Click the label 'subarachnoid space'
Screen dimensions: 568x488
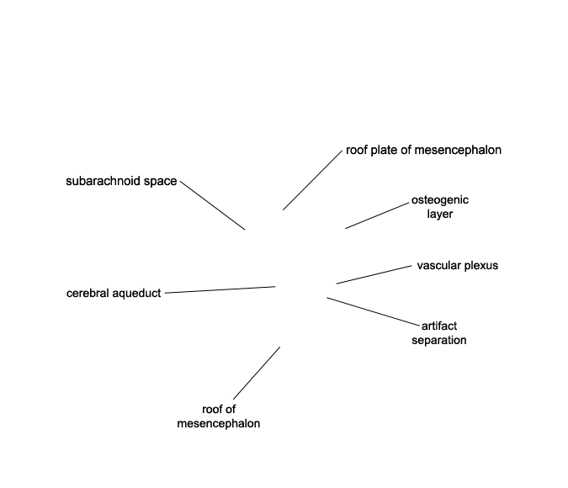pos(121,181)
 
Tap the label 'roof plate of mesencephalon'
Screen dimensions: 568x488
pos(423,150)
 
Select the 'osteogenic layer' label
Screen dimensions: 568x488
pos(440,207)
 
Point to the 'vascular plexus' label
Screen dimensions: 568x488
pos(458,266)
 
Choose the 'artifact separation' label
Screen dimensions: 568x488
pos(439,333)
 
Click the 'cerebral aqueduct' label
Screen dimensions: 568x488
pos(114,293)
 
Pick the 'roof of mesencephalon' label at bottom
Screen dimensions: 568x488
pos(219,416)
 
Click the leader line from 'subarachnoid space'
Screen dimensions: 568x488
pos(213,205)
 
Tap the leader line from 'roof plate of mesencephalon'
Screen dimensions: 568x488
pos(313,180)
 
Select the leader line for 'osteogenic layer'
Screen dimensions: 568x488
pos(377,216)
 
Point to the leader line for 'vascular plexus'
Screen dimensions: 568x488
pos(374,274)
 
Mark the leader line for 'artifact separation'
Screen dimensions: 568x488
pos(373,311)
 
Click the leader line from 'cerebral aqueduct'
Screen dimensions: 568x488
pos(220,289)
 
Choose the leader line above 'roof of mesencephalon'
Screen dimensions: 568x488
pos(257,374)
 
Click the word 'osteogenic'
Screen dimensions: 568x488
pos(440,200)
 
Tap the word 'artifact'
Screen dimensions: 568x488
pos(439,326)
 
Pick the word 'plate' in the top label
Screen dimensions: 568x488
pos(384,151)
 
